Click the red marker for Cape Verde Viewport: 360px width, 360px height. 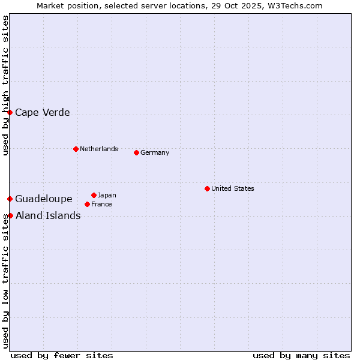coord(10,112)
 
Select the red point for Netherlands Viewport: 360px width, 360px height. coord(76,149)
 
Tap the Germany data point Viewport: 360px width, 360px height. coord(136,152)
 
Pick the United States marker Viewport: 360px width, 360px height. coord(207,188)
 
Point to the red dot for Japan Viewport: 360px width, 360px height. coord(94,195)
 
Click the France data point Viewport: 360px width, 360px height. coord(88,204)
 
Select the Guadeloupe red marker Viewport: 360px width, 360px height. coord(10,199)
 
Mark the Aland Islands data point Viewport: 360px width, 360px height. coord(10,215)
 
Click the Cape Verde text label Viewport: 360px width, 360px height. coord(43,112)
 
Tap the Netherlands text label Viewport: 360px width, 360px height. coord(99,149)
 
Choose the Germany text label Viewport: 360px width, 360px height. coord(155,152)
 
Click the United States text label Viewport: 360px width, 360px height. coord(233,188)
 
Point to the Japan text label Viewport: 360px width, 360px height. coord(107,195)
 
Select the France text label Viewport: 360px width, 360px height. coord(101,204)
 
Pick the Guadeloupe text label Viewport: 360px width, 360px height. coord(44,199)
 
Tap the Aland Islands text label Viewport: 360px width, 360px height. coord(48,215)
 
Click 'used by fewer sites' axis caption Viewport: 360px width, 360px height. coord(62,355)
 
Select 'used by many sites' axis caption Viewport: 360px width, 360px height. coord(301,355)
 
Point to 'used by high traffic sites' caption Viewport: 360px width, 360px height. coord(5,85)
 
